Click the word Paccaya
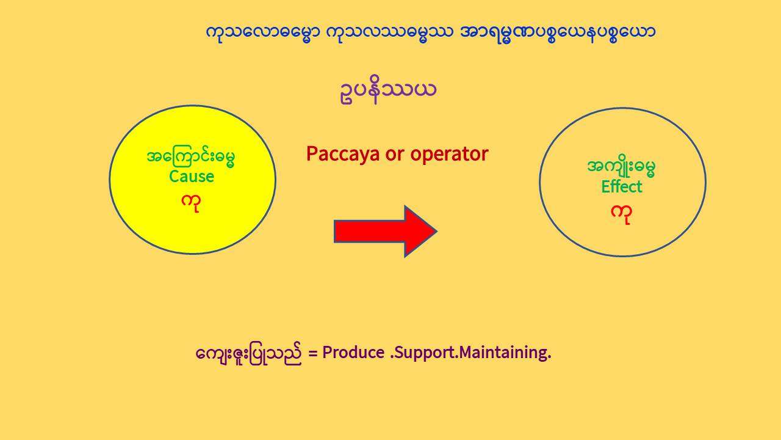coord(343,155)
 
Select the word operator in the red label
coord(449,154)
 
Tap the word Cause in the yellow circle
coord(192,177)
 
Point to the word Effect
coord(622,186)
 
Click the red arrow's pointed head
coord(436,231)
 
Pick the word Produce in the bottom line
coord(353,353)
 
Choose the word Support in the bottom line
coord(424,353)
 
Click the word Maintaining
coord(504,353)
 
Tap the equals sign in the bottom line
coord(313,353)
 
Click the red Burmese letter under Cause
coord(191,204)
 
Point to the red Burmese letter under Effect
coord(621,215)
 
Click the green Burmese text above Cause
coord(191,158)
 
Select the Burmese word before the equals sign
coord(248,353)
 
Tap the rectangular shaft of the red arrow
coord(369,231)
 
